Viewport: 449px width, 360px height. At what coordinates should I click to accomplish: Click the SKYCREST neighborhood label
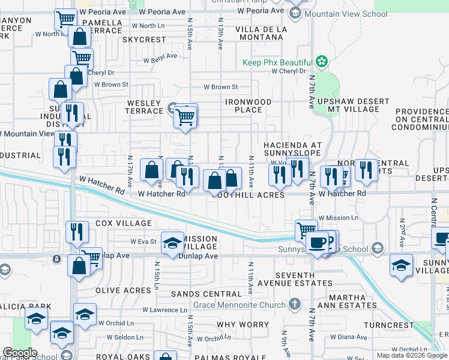tap(143, 40)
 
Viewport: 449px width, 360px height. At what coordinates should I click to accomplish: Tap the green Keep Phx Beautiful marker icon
tap(322, 62)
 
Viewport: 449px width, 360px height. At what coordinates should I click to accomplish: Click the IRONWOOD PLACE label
tap(249, 106)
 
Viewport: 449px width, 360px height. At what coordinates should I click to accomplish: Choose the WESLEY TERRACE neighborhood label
tap(145, 107)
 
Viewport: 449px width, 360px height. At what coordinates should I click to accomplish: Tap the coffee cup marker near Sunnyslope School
tap(317, 242)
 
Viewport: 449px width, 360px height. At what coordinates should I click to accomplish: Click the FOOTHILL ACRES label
tap(248, 195)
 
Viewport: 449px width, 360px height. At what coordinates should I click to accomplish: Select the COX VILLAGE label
tap(123, 223)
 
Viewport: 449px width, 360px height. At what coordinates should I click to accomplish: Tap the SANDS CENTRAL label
tap(206, 294)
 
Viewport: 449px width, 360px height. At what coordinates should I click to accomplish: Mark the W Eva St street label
tap(143, 242)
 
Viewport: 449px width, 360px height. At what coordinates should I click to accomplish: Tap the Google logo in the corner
tap(19, 353)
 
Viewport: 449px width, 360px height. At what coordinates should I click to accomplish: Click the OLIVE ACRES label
tap(123, 290)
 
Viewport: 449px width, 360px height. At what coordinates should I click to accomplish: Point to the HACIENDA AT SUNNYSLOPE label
tap(293, 150)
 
